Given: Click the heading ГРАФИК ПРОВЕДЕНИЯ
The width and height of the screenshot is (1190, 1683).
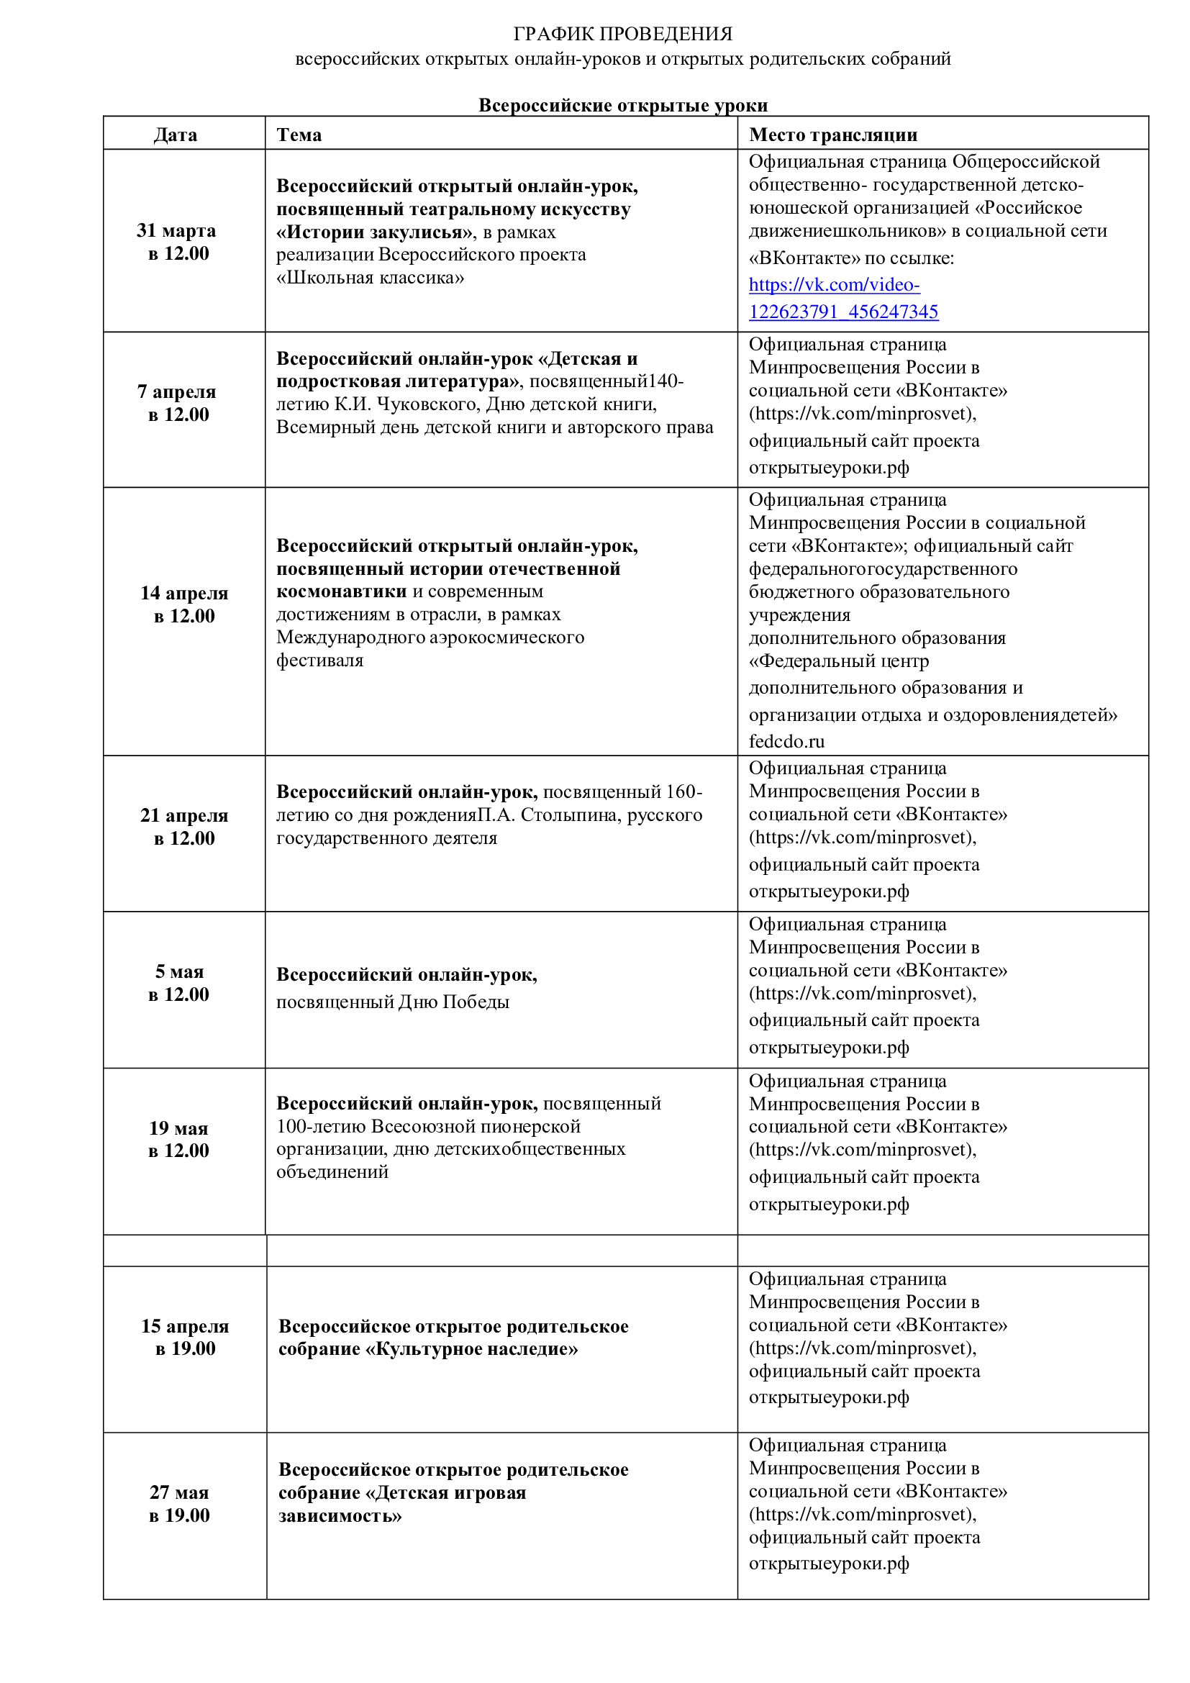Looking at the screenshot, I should coord(622,34).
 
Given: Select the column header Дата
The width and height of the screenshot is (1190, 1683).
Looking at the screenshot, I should coord(175,135).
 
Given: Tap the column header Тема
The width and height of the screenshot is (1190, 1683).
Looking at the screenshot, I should coord(299,135).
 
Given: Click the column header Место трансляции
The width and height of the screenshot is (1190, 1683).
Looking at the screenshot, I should coord(832,135).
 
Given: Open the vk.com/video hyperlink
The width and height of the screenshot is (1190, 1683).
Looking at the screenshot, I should coord(842,299).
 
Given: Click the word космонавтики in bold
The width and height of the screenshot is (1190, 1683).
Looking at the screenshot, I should coord(341,591).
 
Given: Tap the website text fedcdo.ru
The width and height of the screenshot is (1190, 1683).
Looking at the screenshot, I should coord(786,741).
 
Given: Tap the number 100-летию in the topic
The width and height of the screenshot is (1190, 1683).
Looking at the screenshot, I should coord(321,1126).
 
